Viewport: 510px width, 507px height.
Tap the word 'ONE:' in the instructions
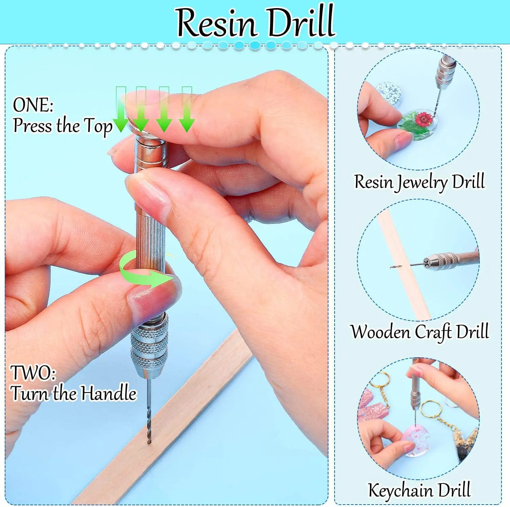(33, 105)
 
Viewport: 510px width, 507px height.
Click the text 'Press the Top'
(63, 126)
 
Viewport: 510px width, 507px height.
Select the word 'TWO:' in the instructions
(33, 373)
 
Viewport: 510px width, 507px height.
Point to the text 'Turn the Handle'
(73, 393)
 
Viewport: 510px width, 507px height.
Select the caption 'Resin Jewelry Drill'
(419, 182)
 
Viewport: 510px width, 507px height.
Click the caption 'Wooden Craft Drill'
(420, 332)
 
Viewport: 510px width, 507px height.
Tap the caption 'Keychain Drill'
(419, 490)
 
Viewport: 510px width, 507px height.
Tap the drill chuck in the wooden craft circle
(442, 261)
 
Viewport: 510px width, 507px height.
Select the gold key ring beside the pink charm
(430, 408)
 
